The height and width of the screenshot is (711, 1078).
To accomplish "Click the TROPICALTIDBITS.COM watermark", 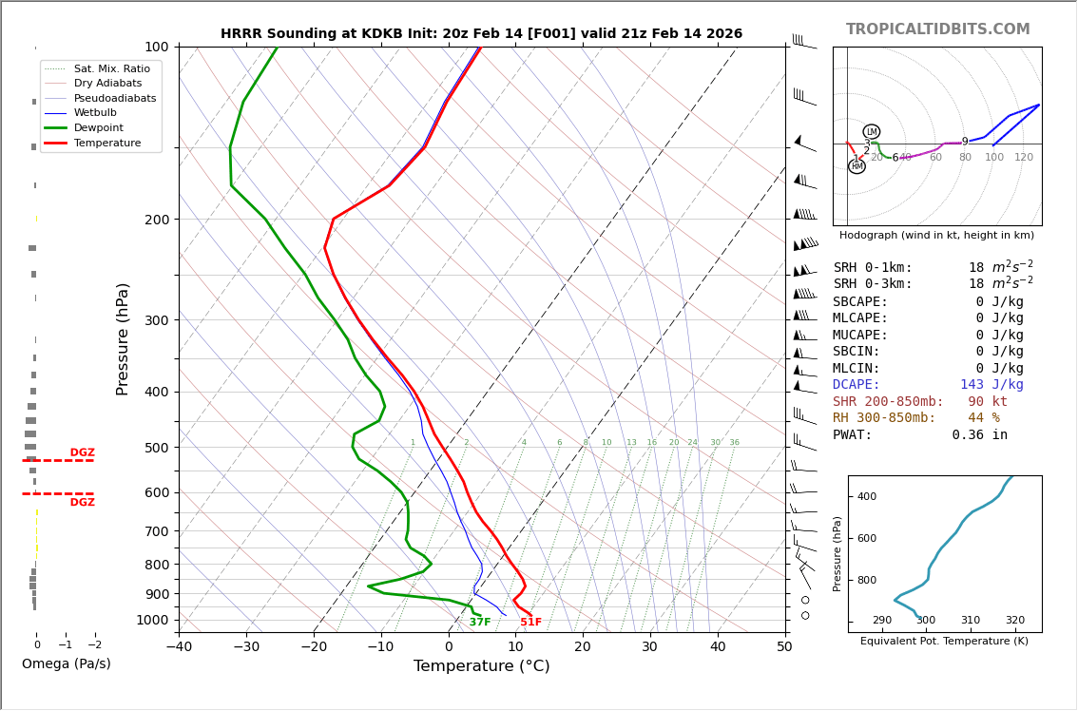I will click(937, 29).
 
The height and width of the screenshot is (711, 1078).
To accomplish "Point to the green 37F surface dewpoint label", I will click(480, 623).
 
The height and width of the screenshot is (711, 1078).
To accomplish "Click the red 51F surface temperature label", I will click(530, 623).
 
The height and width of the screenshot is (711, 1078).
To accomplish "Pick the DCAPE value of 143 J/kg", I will click(991, 385).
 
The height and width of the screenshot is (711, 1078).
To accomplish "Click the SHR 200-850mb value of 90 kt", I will click(988, 402).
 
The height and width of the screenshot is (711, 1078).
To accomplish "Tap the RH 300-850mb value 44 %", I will click(983, 418).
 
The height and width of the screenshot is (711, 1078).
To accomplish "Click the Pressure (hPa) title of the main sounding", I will click(123, 338).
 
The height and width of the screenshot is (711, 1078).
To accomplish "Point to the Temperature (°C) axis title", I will click(481, 666).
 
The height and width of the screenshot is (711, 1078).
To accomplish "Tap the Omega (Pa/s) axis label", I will click(66, 664).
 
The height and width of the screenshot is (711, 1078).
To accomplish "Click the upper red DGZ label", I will click(82, 453).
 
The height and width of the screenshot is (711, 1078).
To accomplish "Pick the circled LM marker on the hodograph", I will click(872, 132).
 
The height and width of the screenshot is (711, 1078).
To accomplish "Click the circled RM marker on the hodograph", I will click(857, 166).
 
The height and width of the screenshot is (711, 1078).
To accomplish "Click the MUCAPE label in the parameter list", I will click(860, 336).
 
